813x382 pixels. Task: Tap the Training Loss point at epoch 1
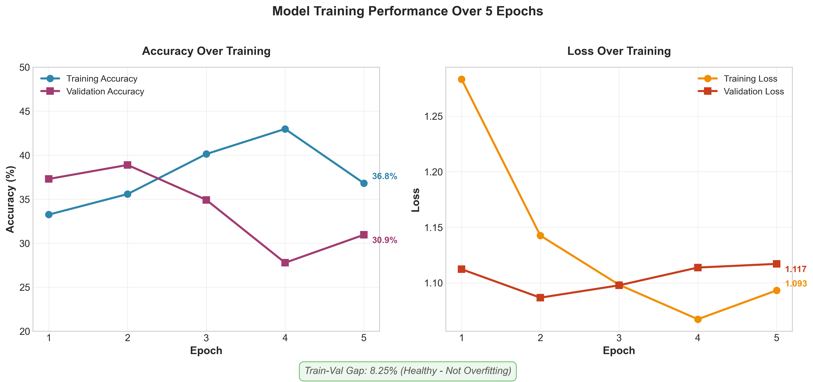coord(462,79)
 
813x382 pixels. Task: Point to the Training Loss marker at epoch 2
coord(540,236)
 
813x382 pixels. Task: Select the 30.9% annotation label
coord(384,240)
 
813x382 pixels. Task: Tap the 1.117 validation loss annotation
coord(795,269)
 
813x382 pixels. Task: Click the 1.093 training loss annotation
coord(795,284)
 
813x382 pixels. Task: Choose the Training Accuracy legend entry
coord(102,79)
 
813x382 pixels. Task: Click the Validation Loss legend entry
coord(753,92)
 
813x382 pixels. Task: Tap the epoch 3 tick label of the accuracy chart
coord(206,338)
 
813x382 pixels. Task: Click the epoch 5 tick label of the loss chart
coord(776,338)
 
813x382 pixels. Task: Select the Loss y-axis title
coord(416,200)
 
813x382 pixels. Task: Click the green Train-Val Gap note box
coord(407,371)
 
